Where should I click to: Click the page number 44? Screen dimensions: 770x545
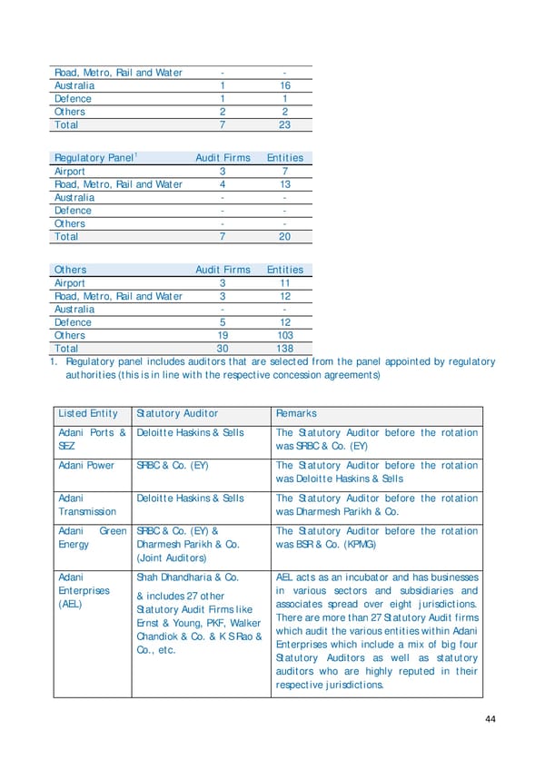coord(490,720)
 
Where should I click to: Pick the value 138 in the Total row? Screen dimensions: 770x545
coord(284,349)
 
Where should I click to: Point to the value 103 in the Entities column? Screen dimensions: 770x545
coord(284,335)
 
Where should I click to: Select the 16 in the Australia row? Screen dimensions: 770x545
coord(284,85)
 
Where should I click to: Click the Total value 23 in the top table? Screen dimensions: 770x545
coord(284,125)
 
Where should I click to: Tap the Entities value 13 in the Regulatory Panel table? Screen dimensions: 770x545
coord(284,184)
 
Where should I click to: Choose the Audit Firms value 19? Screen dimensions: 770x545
coord(223,335)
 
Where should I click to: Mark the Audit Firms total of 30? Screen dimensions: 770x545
coord(223,349)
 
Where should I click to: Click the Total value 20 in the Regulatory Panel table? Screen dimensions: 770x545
coord(284,237)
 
